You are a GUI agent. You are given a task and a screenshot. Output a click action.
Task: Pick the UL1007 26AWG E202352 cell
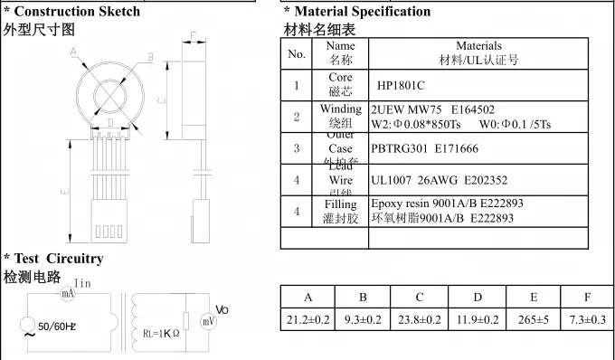[x=433, y=180]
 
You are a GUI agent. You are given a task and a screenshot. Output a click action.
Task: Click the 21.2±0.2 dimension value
[x=308, y=319]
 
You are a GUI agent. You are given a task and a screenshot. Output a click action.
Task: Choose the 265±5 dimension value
[x=534, y=319]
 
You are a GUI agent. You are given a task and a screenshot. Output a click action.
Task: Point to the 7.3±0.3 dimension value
[x=588, y=319]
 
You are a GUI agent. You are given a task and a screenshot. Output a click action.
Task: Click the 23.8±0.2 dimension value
[x=421, y=319]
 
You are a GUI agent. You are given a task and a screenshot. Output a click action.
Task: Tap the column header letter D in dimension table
[x=478, y=298]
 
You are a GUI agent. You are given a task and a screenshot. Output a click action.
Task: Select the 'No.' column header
[x=297, y=53]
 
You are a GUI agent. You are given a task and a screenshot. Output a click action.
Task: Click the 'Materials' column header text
[x=478, y=46]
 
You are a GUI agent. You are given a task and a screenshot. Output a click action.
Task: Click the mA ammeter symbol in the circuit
[x=67, y=295]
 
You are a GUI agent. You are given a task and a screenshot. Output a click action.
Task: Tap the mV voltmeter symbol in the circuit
[x=208, y=320]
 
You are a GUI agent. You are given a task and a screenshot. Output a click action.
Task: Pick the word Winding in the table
[x=340, y=109]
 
